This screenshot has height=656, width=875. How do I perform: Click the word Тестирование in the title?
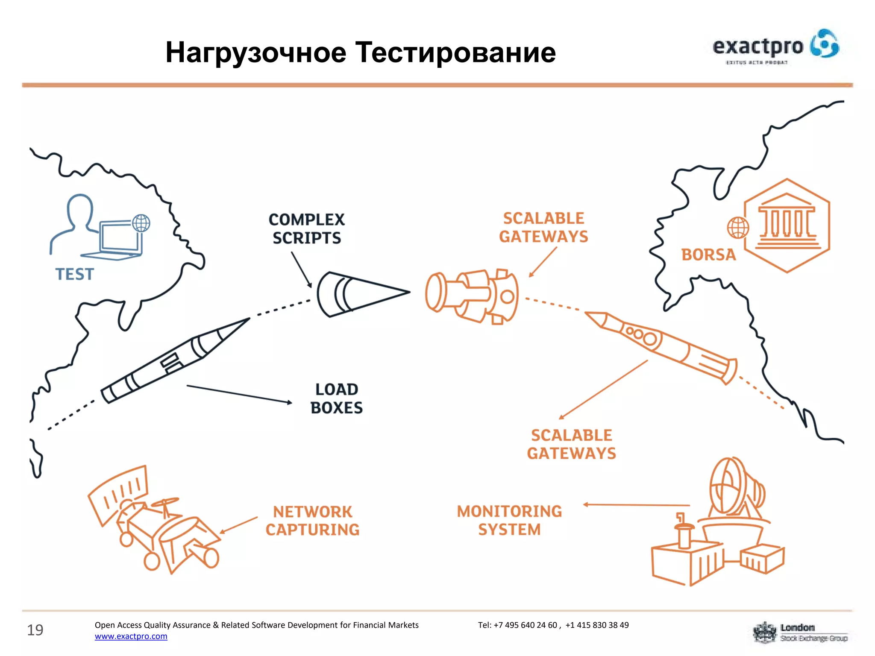point(455,53)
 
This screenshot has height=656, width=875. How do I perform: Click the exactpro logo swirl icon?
point(825,44)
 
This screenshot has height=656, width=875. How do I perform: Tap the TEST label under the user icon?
point(74,274)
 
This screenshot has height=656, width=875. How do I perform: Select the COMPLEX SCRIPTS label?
point(306,229)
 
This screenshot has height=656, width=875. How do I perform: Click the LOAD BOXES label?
point(336,398)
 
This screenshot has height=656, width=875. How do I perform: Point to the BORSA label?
point(708,255)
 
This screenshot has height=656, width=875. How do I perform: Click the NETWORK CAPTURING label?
point(312,521)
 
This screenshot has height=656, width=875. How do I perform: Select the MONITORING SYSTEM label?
point(509,520)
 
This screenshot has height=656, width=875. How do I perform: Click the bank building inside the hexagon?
point(787,222)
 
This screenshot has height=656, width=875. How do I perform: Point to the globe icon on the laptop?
point(141,223)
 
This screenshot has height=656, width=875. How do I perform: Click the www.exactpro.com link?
point(131,636)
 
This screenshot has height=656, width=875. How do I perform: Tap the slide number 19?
point(35,630)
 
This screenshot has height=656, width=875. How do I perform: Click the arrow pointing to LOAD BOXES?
point(239,394)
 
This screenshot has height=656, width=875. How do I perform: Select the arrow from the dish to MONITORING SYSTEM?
point(637,505)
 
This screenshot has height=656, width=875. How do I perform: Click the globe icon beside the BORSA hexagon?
point(738,227)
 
